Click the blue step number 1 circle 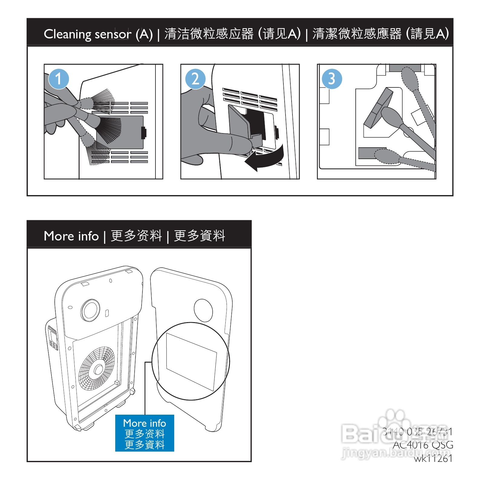(58, 79)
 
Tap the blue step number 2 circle (195, 79)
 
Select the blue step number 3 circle (332, 79)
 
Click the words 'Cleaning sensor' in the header (87, 34)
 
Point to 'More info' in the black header (71, 236)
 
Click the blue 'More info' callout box (145, 433)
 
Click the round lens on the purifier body (90, 310)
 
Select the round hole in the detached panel (203, 310)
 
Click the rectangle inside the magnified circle (191, 362)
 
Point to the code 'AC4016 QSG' (423, 445)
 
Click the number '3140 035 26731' (417, 432)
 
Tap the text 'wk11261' (433, 459)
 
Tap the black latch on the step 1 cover (144, 132)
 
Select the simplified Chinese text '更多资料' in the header (136, 236)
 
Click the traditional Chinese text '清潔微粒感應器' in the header (357, 34)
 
